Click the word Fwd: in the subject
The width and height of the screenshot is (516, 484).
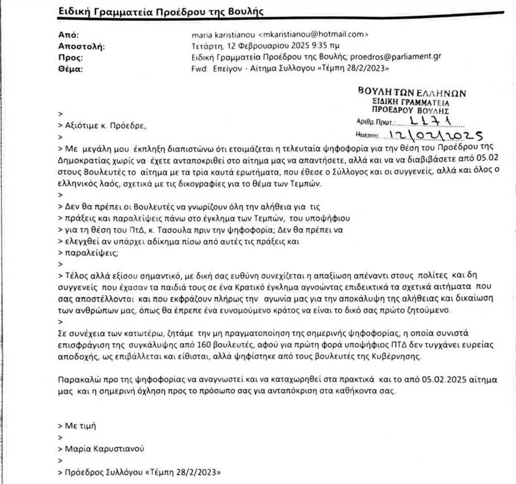point(200,68)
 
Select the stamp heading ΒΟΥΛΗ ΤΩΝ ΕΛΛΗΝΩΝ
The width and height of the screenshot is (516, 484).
point(411,93)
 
